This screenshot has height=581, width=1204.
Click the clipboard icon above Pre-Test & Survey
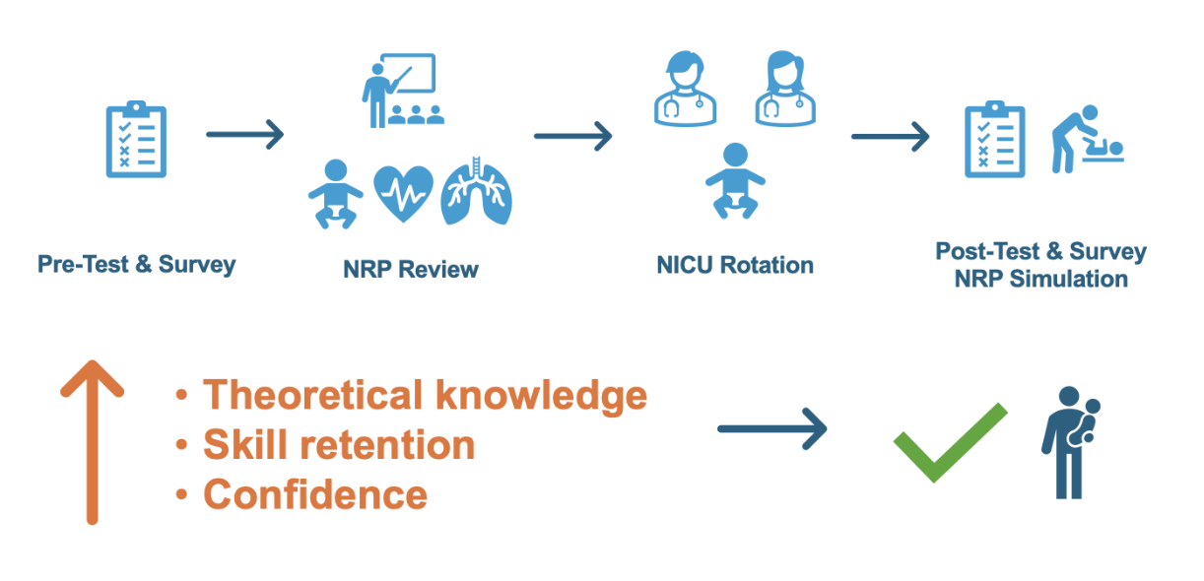click(136, 139)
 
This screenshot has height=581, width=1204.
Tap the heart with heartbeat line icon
click(404, 193)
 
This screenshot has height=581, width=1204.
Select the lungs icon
click(476, 191)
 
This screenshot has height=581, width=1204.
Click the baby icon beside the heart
click(335, 194)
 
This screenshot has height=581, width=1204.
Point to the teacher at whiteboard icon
click(403, 91)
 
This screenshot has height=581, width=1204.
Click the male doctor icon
click(685, 89)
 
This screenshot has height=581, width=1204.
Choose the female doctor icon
click(785, 89)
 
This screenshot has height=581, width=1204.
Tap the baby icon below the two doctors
click(735, 180)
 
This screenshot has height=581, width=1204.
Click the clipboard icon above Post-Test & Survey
click(995, 139)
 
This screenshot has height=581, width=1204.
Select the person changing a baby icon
click(1087, 139)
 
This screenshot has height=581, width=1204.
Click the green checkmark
click(951, 442)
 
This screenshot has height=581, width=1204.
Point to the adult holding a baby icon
click(1071, 442)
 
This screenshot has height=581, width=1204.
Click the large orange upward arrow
click(93, 441)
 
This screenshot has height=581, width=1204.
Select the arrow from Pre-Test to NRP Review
click(245, 134)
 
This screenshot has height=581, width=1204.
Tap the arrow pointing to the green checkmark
click(772, 428)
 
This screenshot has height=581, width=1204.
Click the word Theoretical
click(313, 395)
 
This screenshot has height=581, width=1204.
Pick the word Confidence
click(315, 494)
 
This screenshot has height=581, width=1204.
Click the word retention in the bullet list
click(387, 445)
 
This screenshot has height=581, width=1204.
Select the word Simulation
click(1069, 280)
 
